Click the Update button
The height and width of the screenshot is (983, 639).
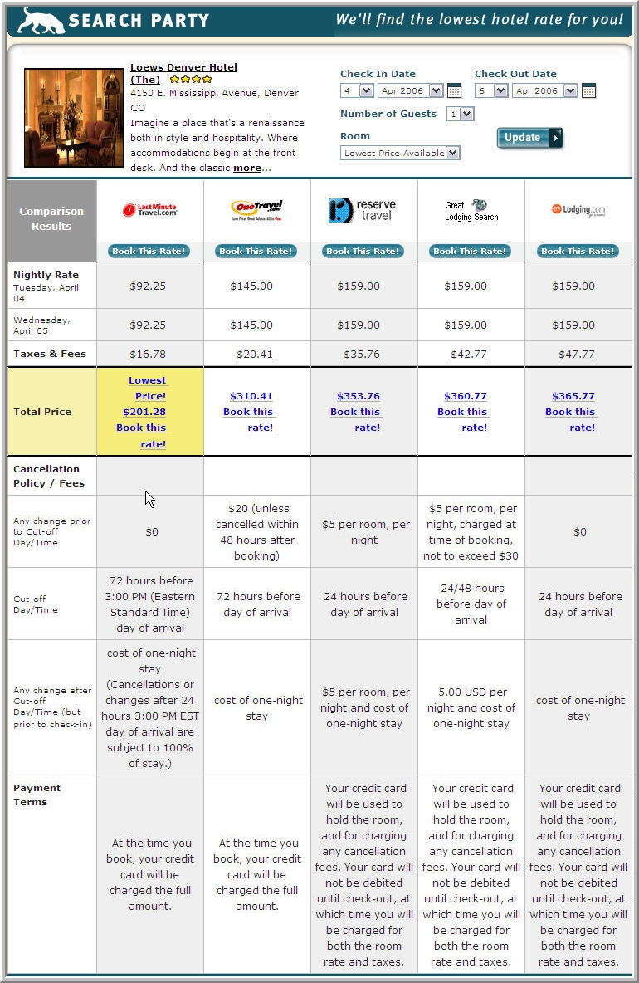[x=529, y=138]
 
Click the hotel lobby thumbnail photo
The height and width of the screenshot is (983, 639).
[x=74, y=118]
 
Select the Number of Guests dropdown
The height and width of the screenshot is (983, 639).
[x=460, y=115]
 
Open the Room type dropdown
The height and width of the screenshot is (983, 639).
[x=400, y=153]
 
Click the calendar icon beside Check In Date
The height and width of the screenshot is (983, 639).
[x=454, y=91]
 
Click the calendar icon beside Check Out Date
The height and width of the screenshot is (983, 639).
[x=588, y=91]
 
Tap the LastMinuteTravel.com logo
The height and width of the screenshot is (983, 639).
[x=150, y=211]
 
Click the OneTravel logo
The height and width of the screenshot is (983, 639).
[x=257, y=211]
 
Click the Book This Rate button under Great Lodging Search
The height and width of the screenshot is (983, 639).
[x=471, y=251]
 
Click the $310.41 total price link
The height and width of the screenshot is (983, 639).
[x=251, y=396]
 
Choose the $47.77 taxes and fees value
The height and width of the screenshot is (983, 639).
[x=577, y=355]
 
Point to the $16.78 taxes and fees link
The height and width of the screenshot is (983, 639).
[x=148, y=355]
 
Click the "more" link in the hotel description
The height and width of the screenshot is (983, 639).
[x=246, y=168]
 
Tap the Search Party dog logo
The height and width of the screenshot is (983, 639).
[x=41, y=21]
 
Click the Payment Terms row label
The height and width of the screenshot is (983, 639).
[x=37, y=795]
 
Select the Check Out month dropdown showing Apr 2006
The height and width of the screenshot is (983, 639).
[x=544, y=91]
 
